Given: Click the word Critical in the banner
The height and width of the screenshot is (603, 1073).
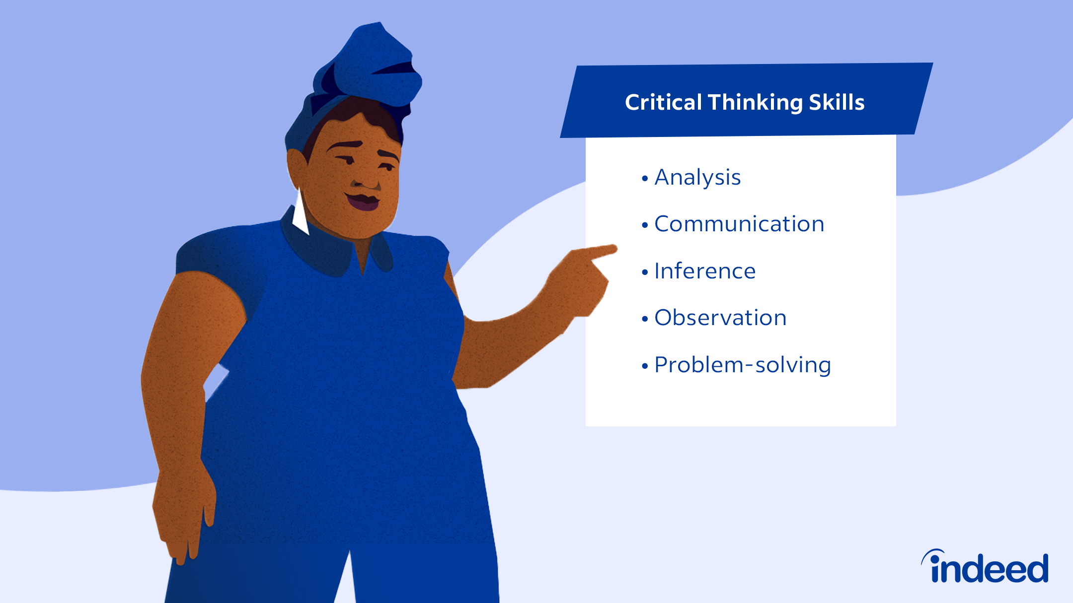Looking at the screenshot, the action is click(663, 102).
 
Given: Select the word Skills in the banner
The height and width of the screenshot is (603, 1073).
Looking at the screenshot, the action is click(837, 102).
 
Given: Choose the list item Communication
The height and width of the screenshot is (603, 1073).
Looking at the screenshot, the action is click(739, 224).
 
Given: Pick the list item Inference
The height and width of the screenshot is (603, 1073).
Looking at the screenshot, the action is click(705, 271).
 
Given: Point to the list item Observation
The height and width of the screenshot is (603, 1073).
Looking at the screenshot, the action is click(720, 318).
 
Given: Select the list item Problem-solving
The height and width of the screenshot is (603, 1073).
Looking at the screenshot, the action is click(743, 365).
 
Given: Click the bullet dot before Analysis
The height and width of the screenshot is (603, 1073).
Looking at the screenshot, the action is click(645, 179).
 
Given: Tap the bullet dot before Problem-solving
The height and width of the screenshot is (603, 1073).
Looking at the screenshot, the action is click(645, 366).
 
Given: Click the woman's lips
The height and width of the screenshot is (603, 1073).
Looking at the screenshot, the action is click(363, 201).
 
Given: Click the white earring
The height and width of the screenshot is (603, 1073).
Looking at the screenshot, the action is click(301, 214).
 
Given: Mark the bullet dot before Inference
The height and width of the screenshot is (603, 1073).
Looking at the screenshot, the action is click(645, 272).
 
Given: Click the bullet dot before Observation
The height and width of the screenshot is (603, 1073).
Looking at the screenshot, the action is click(645, 319).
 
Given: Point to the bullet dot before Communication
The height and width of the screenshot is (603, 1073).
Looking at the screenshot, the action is click(645, 225).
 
